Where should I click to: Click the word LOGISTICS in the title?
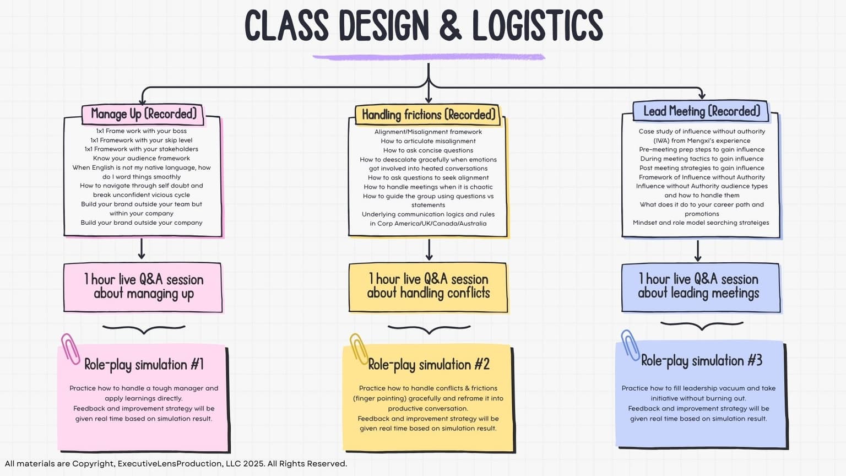537,26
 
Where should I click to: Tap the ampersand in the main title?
450,26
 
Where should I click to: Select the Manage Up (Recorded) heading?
143,114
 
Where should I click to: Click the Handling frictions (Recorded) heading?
428,115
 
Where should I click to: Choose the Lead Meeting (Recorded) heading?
701,111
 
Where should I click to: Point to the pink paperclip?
70,348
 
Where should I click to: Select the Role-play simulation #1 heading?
144,364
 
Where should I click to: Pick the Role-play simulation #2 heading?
429,364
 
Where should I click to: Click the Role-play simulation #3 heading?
701,361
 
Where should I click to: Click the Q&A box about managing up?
143,287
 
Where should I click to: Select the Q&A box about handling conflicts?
428,287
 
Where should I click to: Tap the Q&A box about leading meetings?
701,287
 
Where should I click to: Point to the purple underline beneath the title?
429,57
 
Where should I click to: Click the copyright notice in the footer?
176,464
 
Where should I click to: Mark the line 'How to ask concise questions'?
428,150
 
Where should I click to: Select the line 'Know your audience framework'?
142,158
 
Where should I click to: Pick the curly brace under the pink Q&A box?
144,329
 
